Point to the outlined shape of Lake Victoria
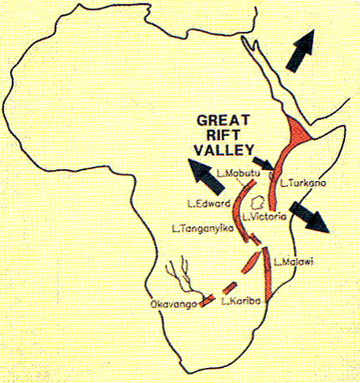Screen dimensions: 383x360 pyautogui.click(x=260, y=202)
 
